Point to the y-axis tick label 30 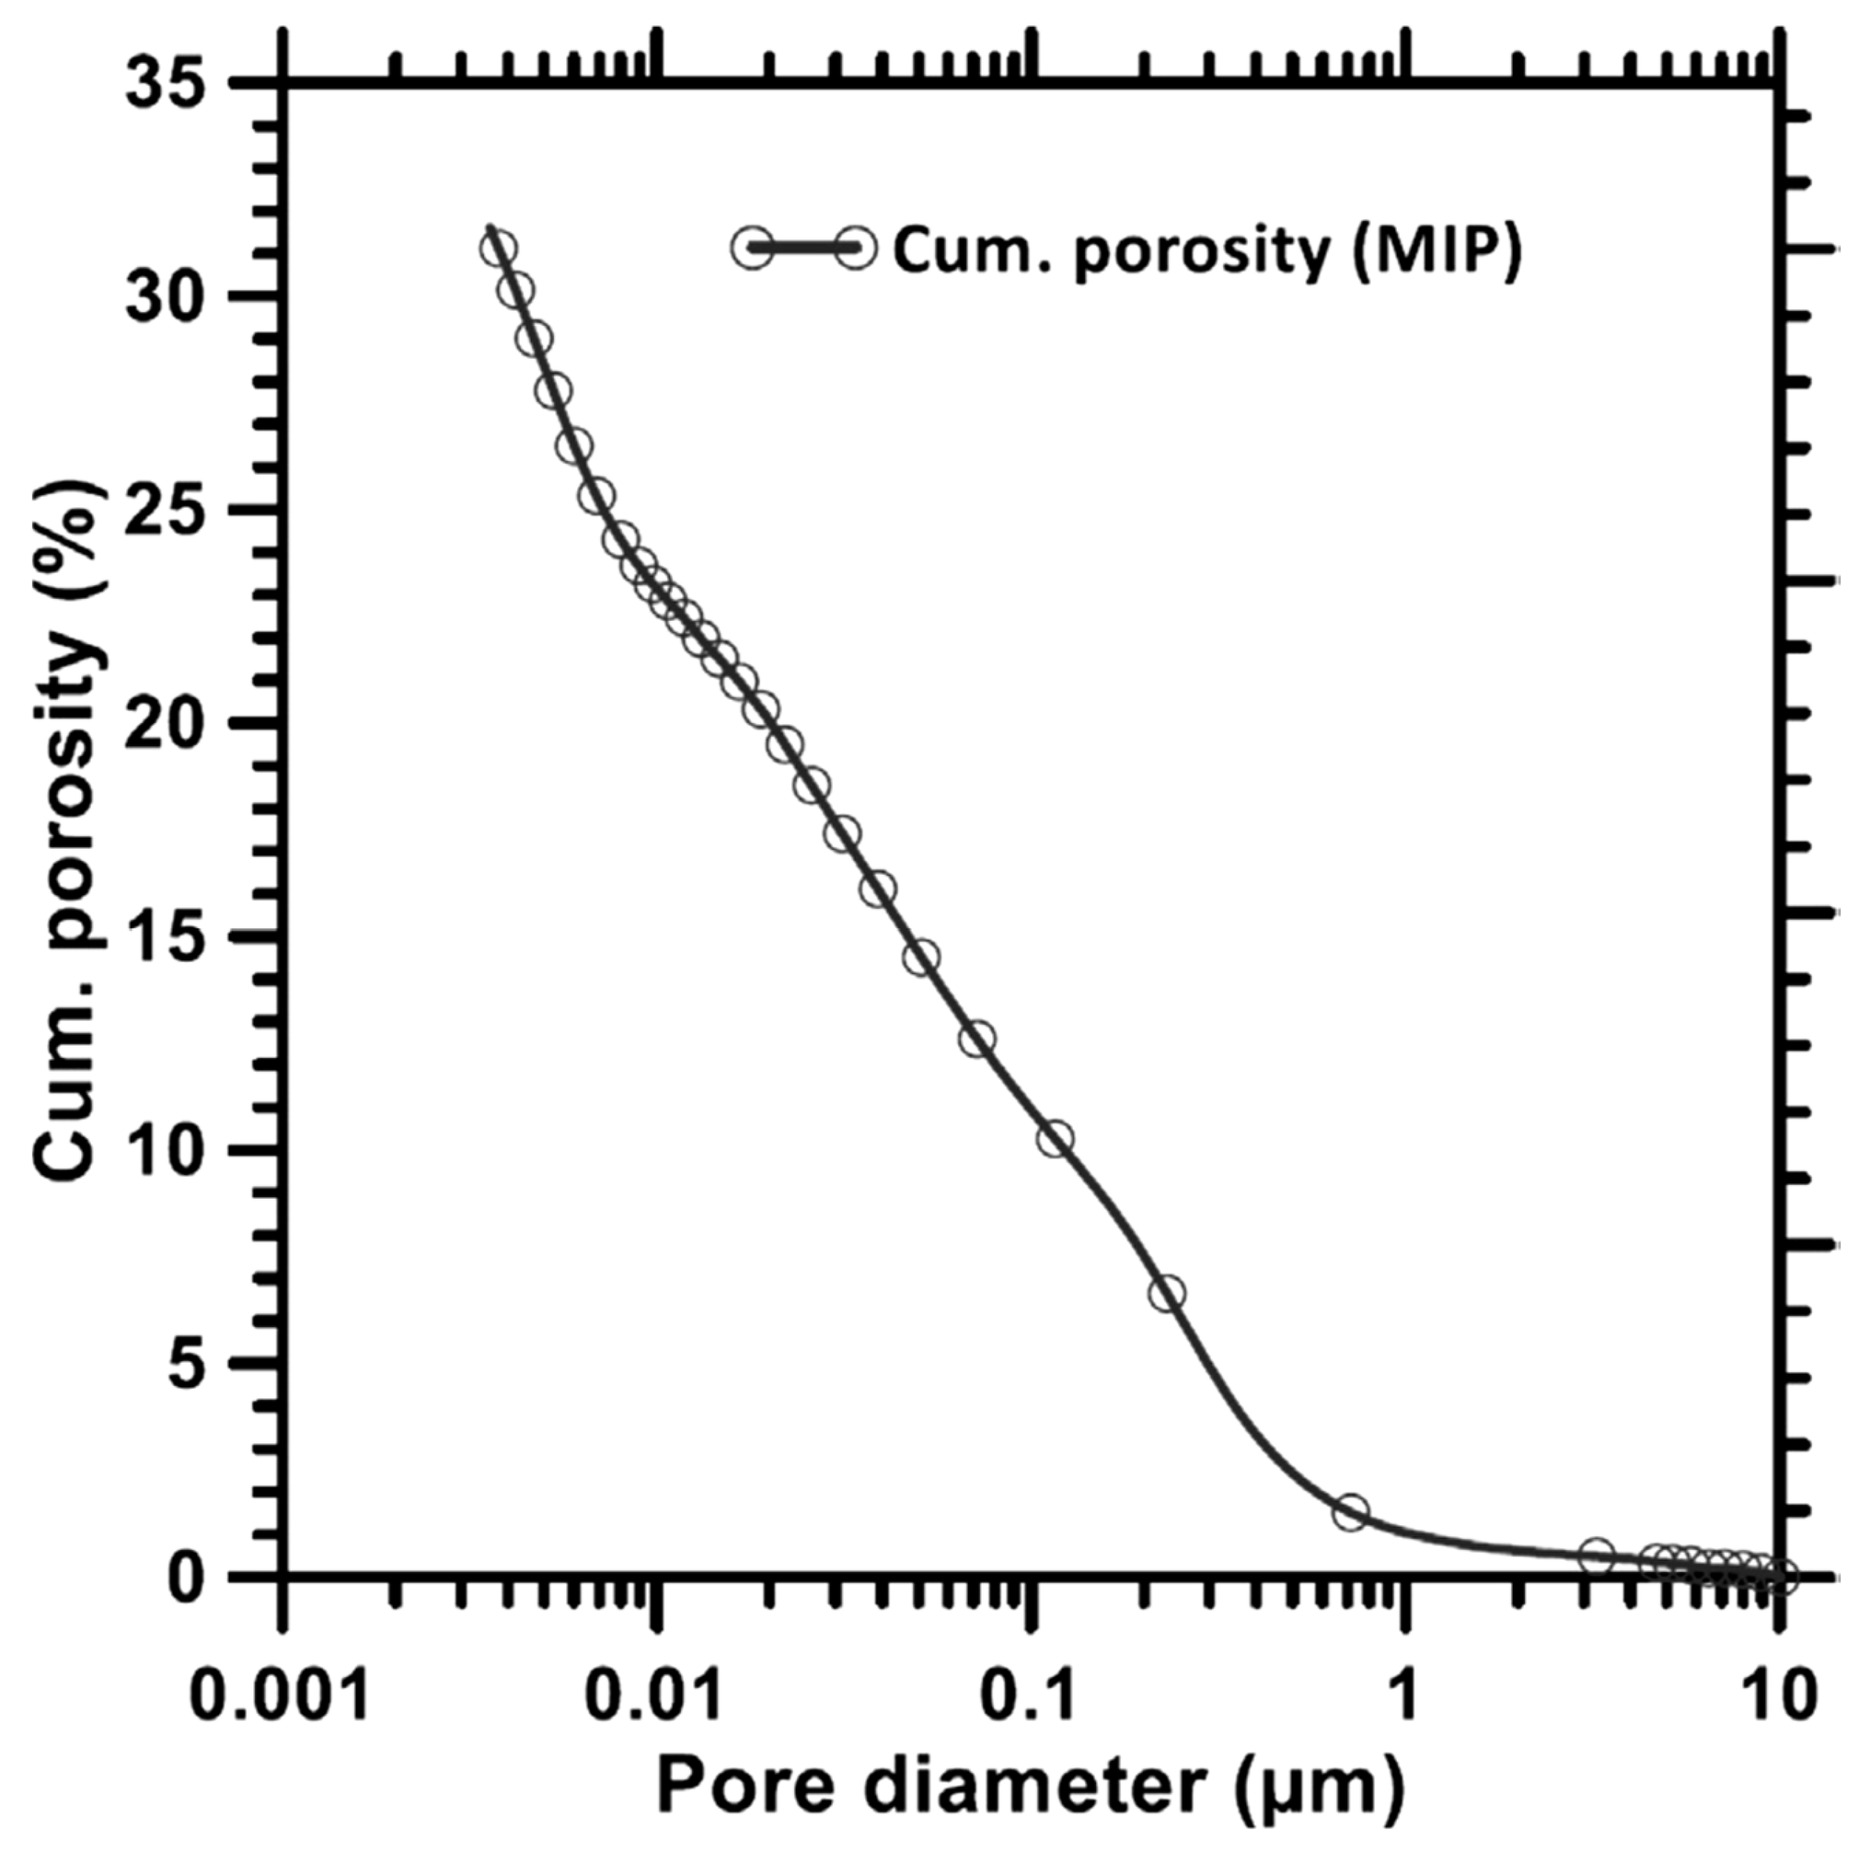click(171, 297)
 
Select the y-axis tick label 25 click(171, 511)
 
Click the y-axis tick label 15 click(171, 938)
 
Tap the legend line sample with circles click(804, 249)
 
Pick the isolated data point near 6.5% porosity click(1168, 1294)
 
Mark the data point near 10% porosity click(1055, 1138)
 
